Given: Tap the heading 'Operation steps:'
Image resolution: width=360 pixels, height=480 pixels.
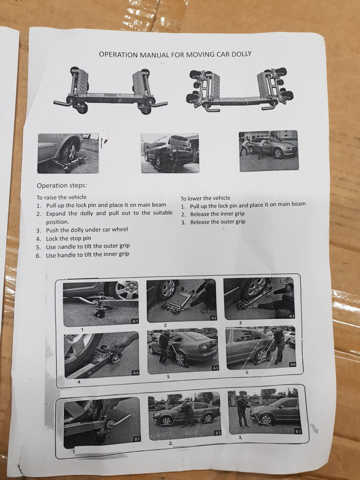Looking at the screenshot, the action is click(x=62, y=186).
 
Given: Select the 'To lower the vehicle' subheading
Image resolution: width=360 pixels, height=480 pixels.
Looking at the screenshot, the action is click(x=205, y=198).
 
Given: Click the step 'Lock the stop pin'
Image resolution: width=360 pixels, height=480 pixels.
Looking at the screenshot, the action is click(x=68, y=238).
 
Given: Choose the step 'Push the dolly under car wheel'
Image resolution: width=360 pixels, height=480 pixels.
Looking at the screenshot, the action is click(x=87, y=230).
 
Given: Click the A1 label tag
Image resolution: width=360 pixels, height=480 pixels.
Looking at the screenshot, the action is click(x=135, y=321).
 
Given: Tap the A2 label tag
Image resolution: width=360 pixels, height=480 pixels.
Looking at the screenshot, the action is click(x=214, y=318).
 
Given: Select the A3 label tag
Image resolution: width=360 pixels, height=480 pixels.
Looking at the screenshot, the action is click(x=292, y=316).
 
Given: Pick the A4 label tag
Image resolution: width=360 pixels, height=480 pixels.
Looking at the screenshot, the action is click(x=136, y=373).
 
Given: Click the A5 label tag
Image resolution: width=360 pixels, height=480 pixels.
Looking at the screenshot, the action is click(x=216, y=368).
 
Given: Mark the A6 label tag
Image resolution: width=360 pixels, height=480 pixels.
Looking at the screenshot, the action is click(x=293, y=364).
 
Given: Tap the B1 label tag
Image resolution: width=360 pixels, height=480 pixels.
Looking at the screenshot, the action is click(x=137, y=439).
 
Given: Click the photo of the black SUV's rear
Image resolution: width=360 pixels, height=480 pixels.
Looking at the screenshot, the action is click(x=170, y=153).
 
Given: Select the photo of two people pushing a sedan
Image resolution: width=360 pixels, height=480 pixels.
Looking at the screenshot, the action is click(x=269, y=151).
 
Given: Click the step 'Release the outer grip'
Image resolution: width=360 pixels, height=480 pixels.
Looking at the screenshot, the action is click(x=218, y=222).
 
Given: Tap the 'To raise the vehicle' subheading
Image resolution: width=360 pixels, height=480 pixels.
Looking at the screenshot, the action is click(x=62, y=197).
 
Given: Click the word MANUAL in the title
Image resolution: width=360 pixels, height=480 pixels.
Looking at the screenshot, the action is click(x=154, y=54).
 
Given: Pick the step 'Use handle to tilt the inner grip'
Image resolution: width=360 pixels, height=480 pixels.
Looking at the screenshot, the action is click(x=88, y=255).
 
